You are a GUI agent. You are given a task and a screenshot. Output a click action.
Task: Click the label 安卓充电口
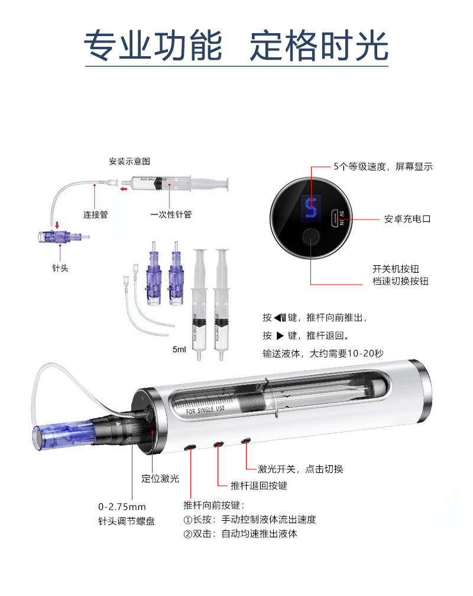tap(407, 219)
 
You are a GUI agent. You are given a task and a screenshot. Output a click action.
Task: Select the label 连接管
tap(96, 215)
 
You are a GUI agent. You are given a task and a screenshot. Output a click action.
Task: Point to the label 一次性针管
tap(171, 215)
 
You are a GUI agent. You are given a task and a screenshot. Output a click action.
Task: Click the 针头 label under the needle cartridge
tap(60, 268)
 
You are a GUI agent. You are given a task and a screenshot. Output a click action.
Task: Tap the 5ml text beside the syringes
tap(179, 349)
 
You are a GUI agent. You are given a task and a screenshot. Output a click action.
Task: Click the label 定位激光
tap(160, 479)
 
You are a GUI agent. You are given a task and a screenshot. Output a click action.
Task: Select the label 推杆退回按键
tap(259, 485)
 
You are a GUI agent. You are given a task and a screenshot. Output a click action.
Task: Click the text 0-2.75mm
tap(122, 507)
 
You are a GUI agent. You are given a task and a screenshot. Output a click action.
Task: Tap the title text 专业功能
tap(153, 46)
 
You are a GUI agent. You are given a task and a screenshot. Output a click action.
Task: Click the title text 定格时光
tap(319, 46)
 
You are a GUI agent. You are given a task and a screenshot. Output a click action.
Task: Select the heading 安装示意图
tap(129, 162)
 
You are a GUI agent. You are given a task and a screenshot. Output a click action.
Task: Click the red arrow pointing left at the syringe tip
tap(124, 189)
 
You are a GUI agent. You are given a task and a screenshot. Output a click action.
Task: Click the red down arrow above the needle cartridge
tap(57, 225)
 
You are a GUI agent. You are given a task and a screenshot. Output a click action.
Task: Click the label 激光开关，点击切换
tap(300, 469)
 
